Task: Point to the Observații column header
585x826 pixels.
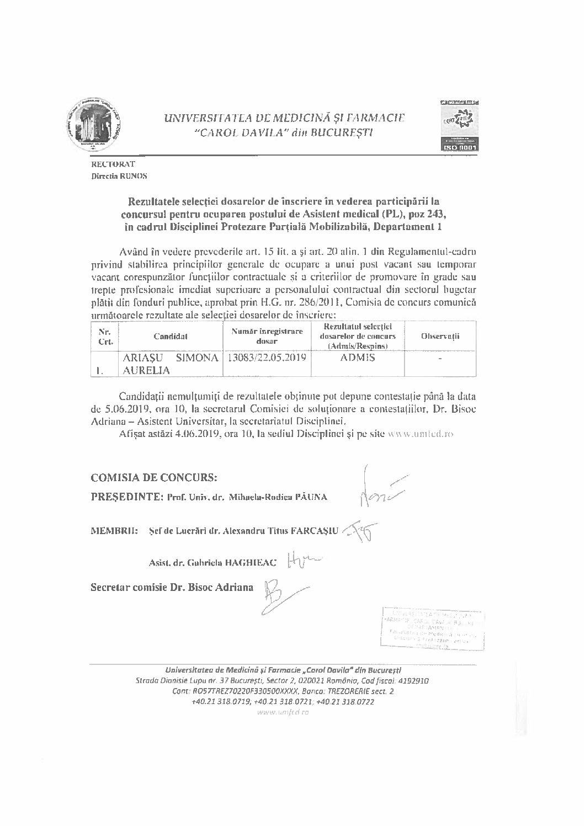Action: pyautogui.click(x=440, y=336)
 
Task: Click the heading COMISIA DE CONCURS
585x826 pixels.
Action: pyautogui.click(x=154, y=476)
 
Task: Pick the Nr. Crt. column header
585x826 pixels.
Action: pyautogui.click(x=104, y=336)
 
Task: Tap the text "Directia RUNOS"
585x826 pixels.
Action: pyautogui.click(x=120, y=176)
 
